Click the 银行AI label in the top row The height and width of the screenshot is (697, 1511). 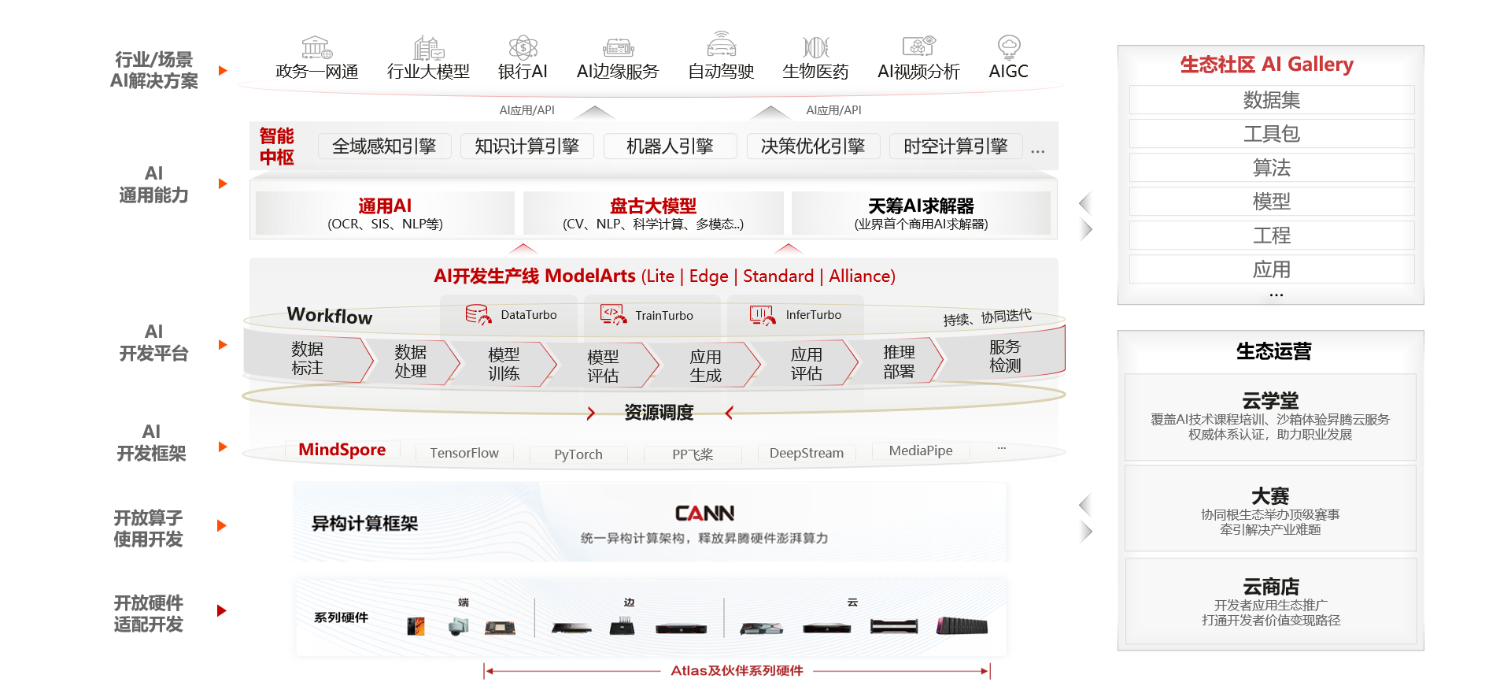tap(522, 72)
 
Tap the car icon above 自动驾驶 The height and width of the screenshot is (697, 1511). tap(721, 46)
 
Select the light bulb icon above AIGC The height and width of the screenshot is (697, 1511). tap(1008, 46)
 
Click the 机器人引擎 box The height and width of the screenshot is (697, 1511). tap(670, 146)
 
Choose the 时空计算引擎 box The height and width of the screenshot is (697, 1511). tap(955, 146)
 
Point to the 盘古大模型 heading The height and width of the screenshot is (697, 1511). tap(652, 206)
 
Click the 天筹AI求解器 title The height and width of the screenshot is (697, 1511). tap(921, 206)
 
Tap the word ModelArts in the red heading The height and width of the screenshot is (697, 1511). tap(589, 276)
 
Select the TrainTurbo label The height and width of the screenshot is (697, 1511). tap(663, 316)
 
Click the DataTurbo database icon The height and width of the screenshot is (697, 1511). tap(477, 315)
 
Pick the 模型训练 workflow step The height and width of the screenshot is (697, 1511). tap(504, 364)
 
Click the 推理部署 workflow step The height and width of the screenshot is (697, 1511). tap(899, 361)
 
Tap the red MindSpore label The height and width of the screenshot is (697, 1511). tap(342, 450)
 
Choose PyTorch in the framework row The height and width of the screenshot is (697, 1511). tap(578, 454)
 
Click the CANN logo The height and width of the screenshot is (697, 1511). tap(704, 513)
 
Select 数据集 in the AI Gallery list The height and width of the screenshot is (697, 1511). tap(1271, 100)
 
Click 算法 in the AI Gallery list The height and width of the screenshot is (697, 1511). tap(1271, 168)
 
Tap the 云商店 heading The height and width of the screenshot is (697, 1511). tap(1270, 587)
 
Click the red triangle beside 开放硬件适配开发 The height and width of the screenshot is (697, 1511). tap(222, 610)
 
